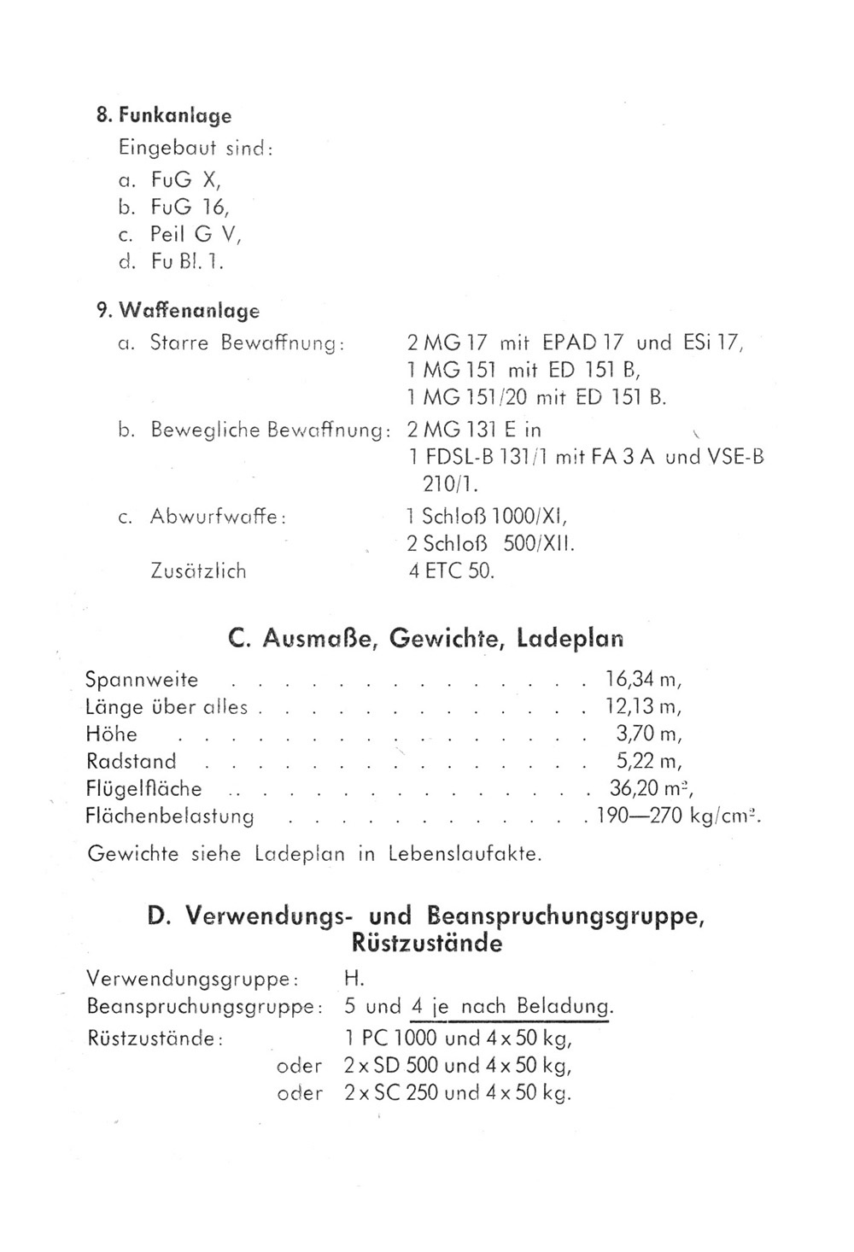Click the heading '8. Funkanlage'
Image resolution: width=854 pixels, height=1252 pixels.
pyautogui.click(x=163, y=115)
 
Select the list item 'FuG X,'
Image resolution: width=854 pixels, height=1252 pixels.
pyautogui.click(x=185, y=180)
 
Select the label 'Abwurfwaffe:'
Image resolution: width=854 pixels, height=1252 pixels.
pyautogui.click(x=217, y=517)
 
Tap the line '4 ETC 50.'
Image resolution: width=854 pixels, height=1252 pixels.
pyautogui.click(x=451, y=571)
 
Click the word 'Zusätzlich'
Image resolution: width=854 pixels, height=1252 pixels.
pyautogui.click(x=198, y=571)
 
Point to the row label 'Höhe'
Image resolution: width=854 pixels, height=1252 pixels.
pyautogui.click(x=112, y=734)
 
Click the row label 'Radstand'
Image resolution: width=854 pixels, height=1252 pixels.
pyautogui.click(x=131, y=761)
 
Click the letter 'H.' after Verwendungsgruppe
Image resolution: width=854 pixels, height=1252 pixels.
pyautogui.click(x=354, y=979)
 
